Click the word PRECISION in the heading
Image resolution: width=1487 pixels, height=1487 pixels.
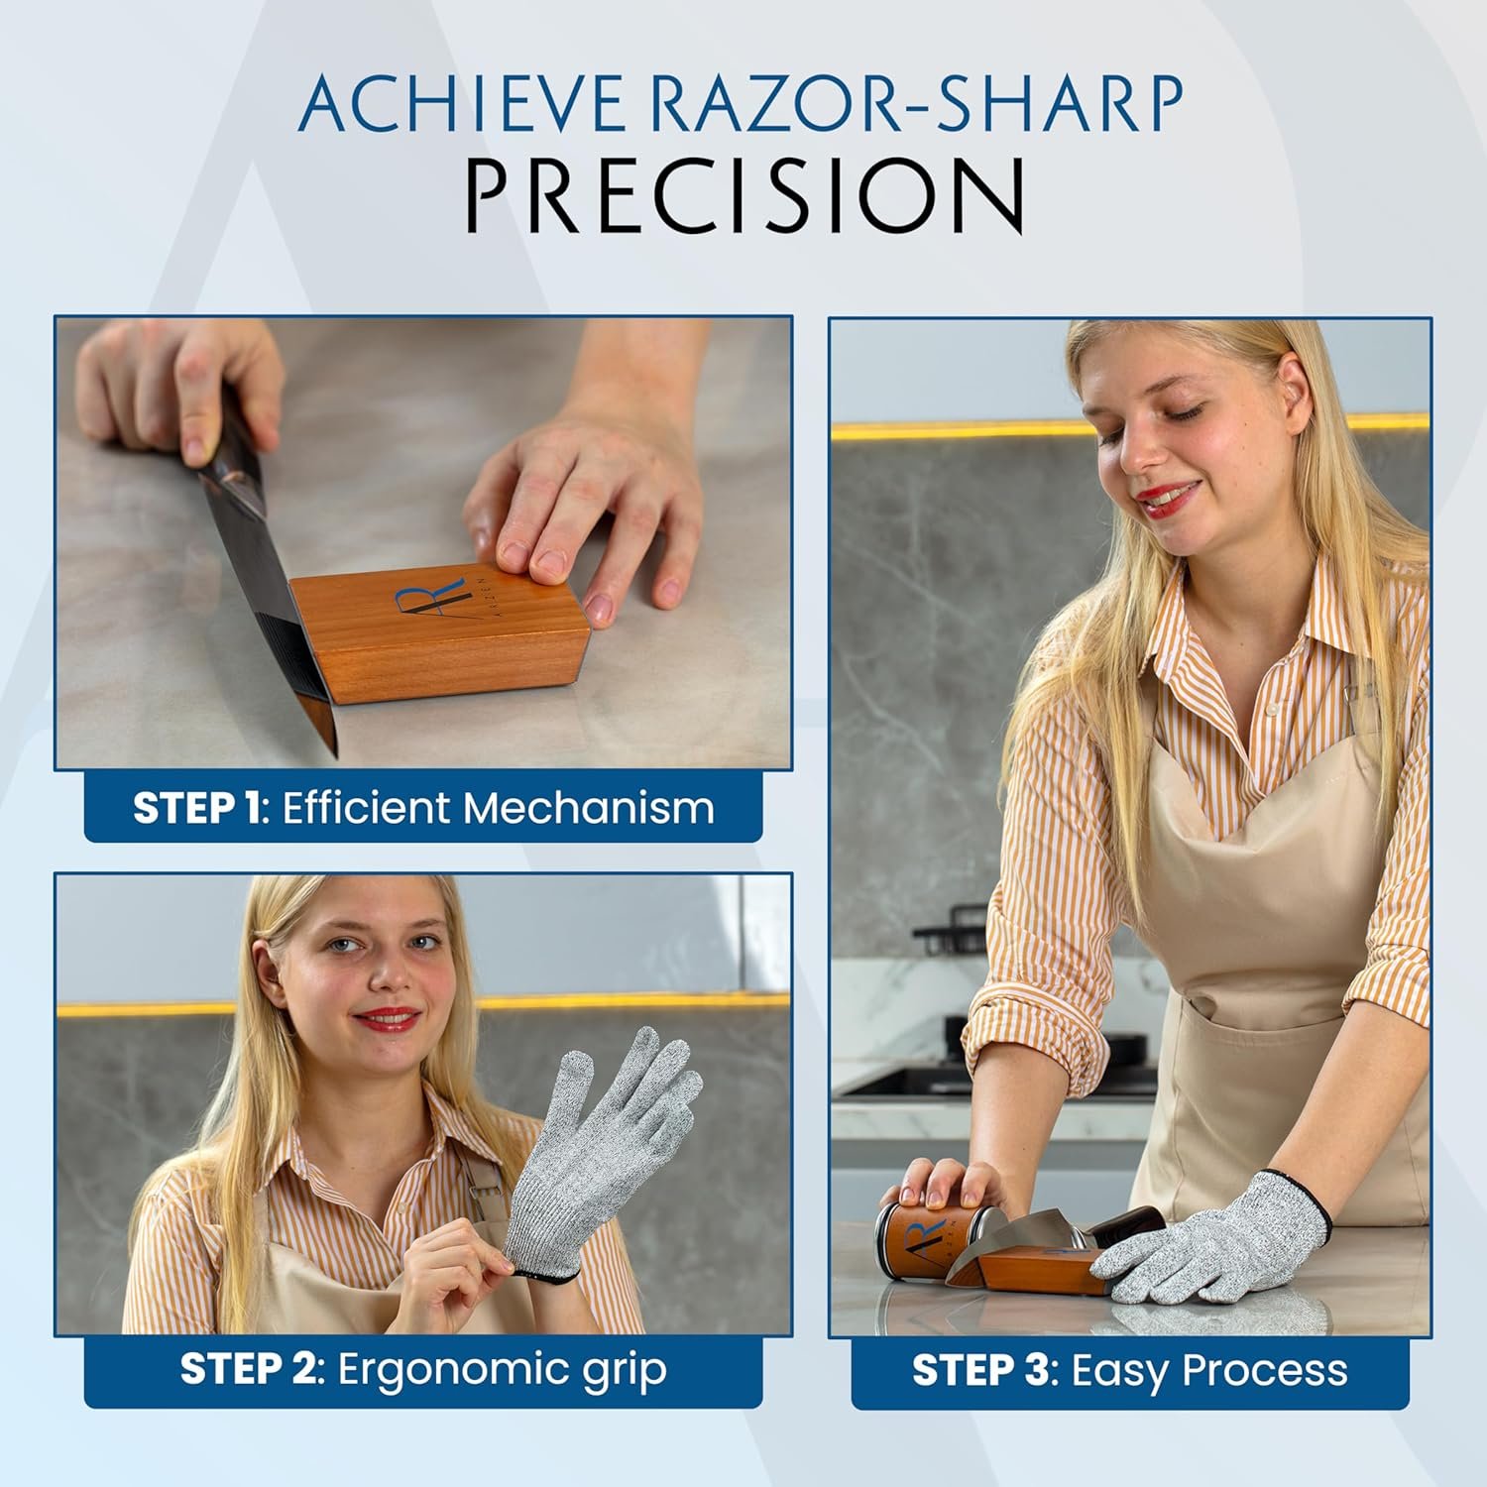744,194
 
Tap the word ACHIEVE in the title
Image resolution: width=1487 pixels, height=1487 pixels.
461,102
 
